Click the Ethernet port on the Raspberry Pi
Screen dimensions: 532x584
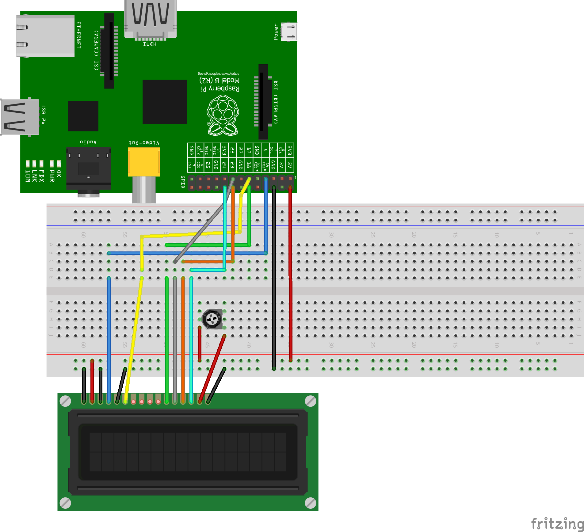pyautogui.click(x=45, y=36)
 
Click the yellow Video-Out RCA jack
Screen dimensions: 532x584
pyautogui.click(x=144, y=161)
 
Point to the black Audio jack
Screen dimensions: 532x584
pyautogui.click(x=88, y=168)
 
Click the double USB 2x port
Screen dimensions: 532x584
pyautogui.click(x=20, y=117)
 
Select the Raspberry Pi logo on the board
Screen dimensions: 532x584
pyautogui.click(x=223, y=115)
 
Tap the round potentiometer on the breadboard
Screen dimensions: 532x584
pyautogui.click(x=212, y=319)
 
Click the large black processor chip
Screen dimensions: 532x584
pyautogui.click(x=165, y=102)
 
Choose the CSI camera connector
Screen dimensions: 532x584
pyautogui.click(x=109, y=51)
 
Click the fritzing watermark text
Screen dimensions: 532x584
pyautogui.click(x=557, y=524)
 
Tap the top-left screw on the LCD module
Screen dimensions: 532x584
pyautogui.click(x=65, y=401)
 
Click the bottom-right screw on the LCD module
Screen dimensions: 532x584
pyautogui.click(x=310, y=503)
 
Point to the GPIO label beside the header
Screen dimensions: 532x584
pyautogui.click(x=183, y=182)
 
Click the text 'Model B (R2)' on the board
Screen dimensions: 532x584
pyautogui.click(x=219, y=81)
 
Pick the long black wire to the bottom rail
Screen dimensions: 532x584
pyautogui.click(x=274, y=276)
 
